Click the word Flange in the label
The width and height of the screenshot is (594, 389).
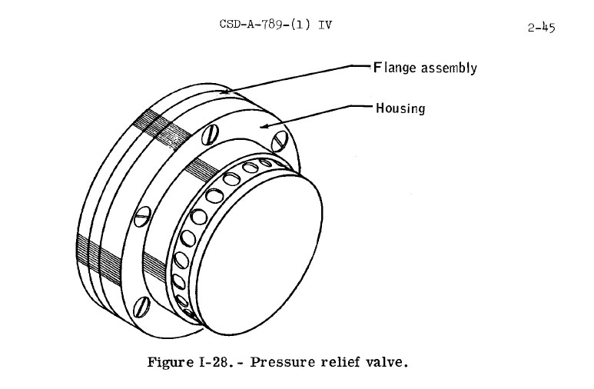(x=396, y=68)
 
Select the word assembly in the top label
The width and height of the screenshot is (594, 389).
(x=450, y=68)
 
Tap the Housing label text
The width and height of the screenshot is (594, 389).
(x=400, y=108)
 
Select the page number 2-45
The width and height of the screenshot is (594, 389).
(x=542, y=28)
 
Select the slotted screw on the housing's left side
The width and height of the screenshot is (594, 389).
(x=141, y=218)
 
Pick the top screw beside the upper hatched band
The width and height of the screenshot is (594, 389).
(x=210, y=135)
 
